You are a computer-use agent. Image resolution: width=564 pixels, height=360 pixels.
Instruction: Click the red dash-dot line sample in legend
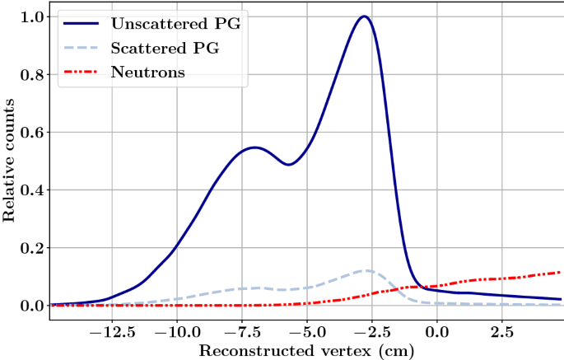(x=80, y=72)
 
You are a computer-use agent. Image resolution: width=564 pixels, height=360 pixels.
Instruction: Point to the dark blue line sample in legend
(x=80, y=24)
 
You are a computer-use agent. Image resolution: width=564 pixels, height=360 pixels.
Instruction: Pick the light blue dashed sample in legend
(x=80, y=49)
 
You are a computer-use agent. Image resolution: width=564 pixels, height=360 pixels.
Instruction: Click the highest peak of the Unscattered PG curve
(x=364, y=16)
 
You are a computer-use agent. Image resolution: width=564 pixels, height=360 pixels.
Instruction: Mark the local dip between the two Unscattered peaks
(x=289, y=165)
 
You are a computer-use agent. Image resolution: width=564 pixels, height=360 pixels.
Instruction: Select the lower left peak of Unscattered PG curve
(x=254, y=147)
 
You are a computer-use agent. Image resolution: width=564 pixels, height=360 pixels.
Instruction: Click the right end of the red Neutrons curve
(x=560, y=272)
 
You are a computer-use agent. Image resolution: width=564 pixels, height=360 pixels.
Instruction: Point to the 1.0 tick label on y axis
(x=33, y=16)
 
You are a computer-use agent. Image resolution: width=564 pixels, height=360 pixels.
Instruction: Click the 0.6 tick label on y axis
(x=33, y=132)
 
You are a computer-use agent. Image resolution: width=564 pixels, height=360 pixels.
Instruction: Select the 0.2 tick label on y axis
(x=33, y=248)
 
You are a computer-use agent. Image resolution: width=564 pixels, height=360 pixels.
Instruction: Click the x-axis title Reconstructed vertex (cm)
(x=305, y=349)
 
